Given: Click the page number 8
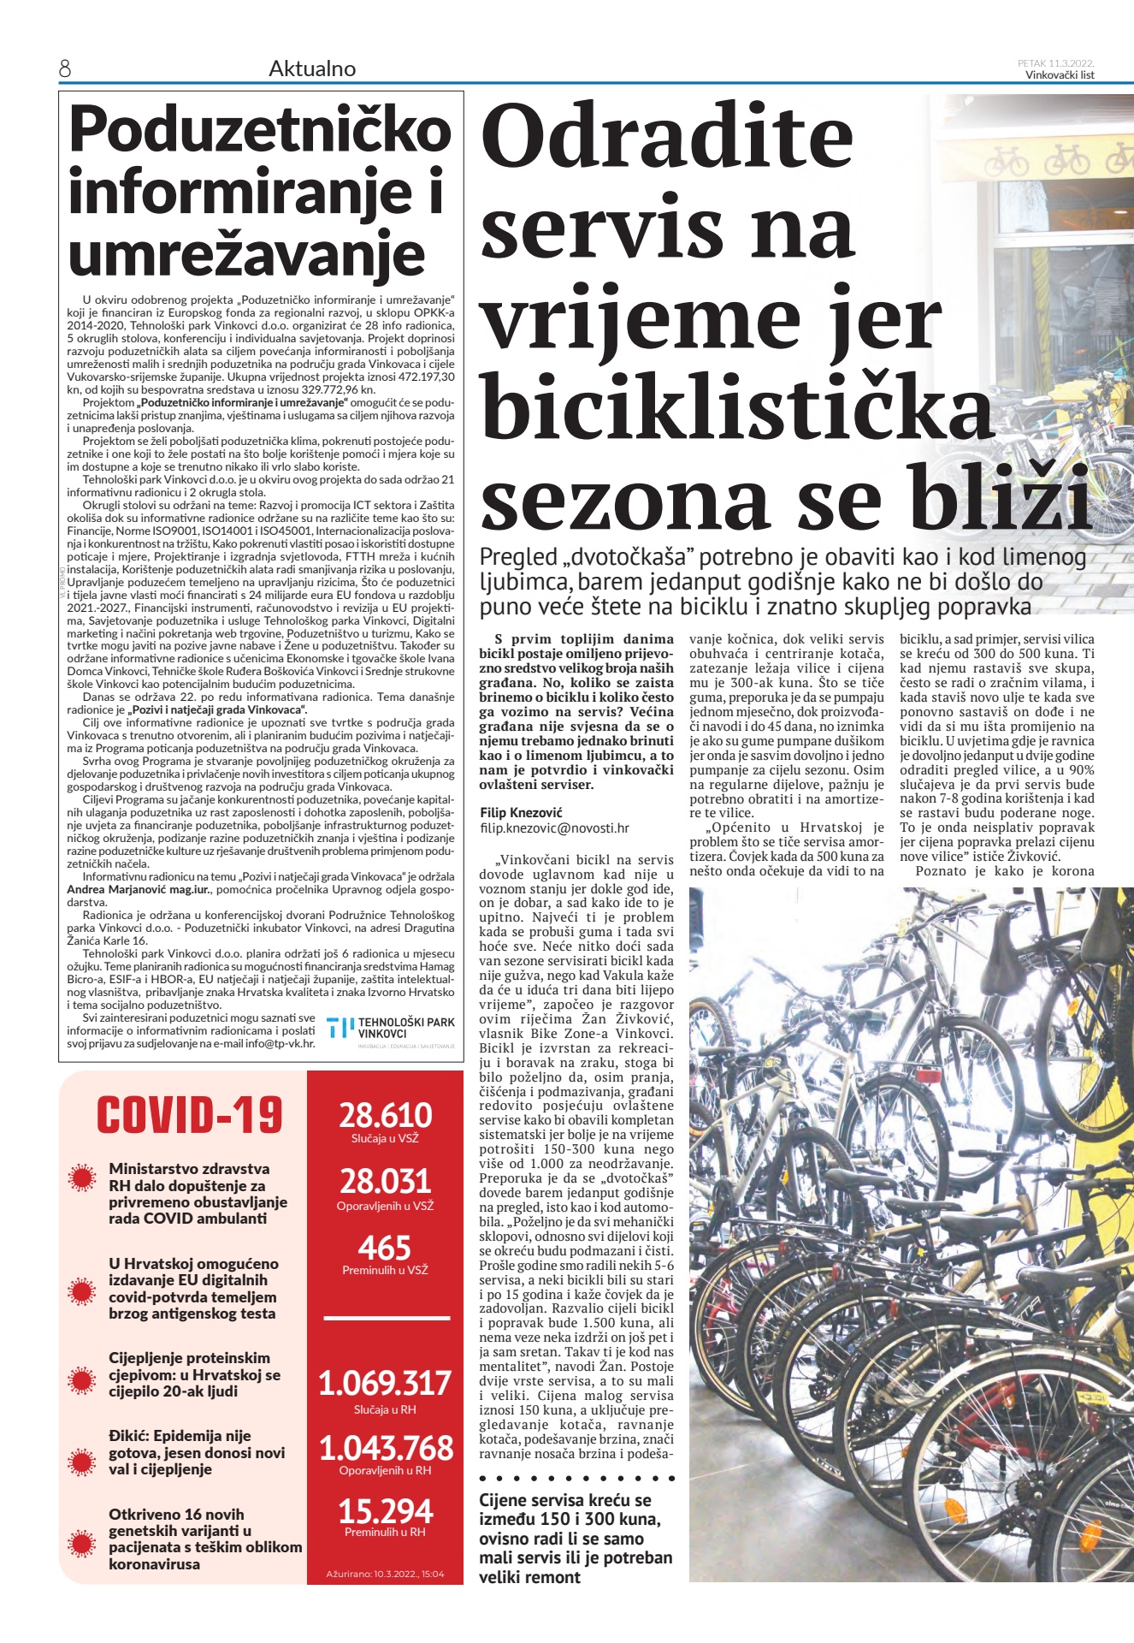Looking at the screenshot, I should (x=65, y=69).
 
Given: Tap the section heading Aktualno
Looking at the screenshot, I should (x=312, y=69).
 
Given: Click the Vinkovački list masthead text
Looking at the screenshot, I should (x=1060, y=75).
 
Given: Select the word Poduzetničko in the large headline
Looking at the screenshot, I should (x=260, y=130).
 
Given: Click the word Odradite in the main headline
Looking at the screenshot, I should (x=668, y=137).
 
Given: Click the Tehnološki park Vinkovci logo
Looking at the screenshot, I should (x=392, y=1031).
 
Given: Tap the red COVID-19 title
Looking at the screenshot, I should (x=189, y=1116).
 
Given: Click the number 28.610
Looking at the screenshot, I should (x=385, y=1116).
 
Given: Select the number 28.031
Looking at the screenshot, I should (x=385, y=1182).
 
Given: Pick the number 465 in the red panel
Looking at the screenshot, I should (x=385, y=1248).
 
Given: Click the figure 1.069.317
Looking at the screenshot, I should (x=385, y=1384).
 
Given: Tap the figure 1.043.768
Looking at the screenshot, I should (x=385, y=1448).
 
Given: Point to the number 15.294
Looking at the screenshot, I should (x=385, y=1510).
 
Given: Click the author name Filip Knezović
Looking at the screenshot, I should (x=521, y=812).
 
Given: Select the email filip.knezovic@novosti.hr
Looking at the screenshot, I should (x=554, y=828).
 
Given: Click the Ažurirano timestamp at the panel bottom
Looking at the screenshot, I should (x=385, y=1574).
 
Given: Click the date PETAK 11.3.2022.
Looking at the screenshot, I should (x=1055, y=63).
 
